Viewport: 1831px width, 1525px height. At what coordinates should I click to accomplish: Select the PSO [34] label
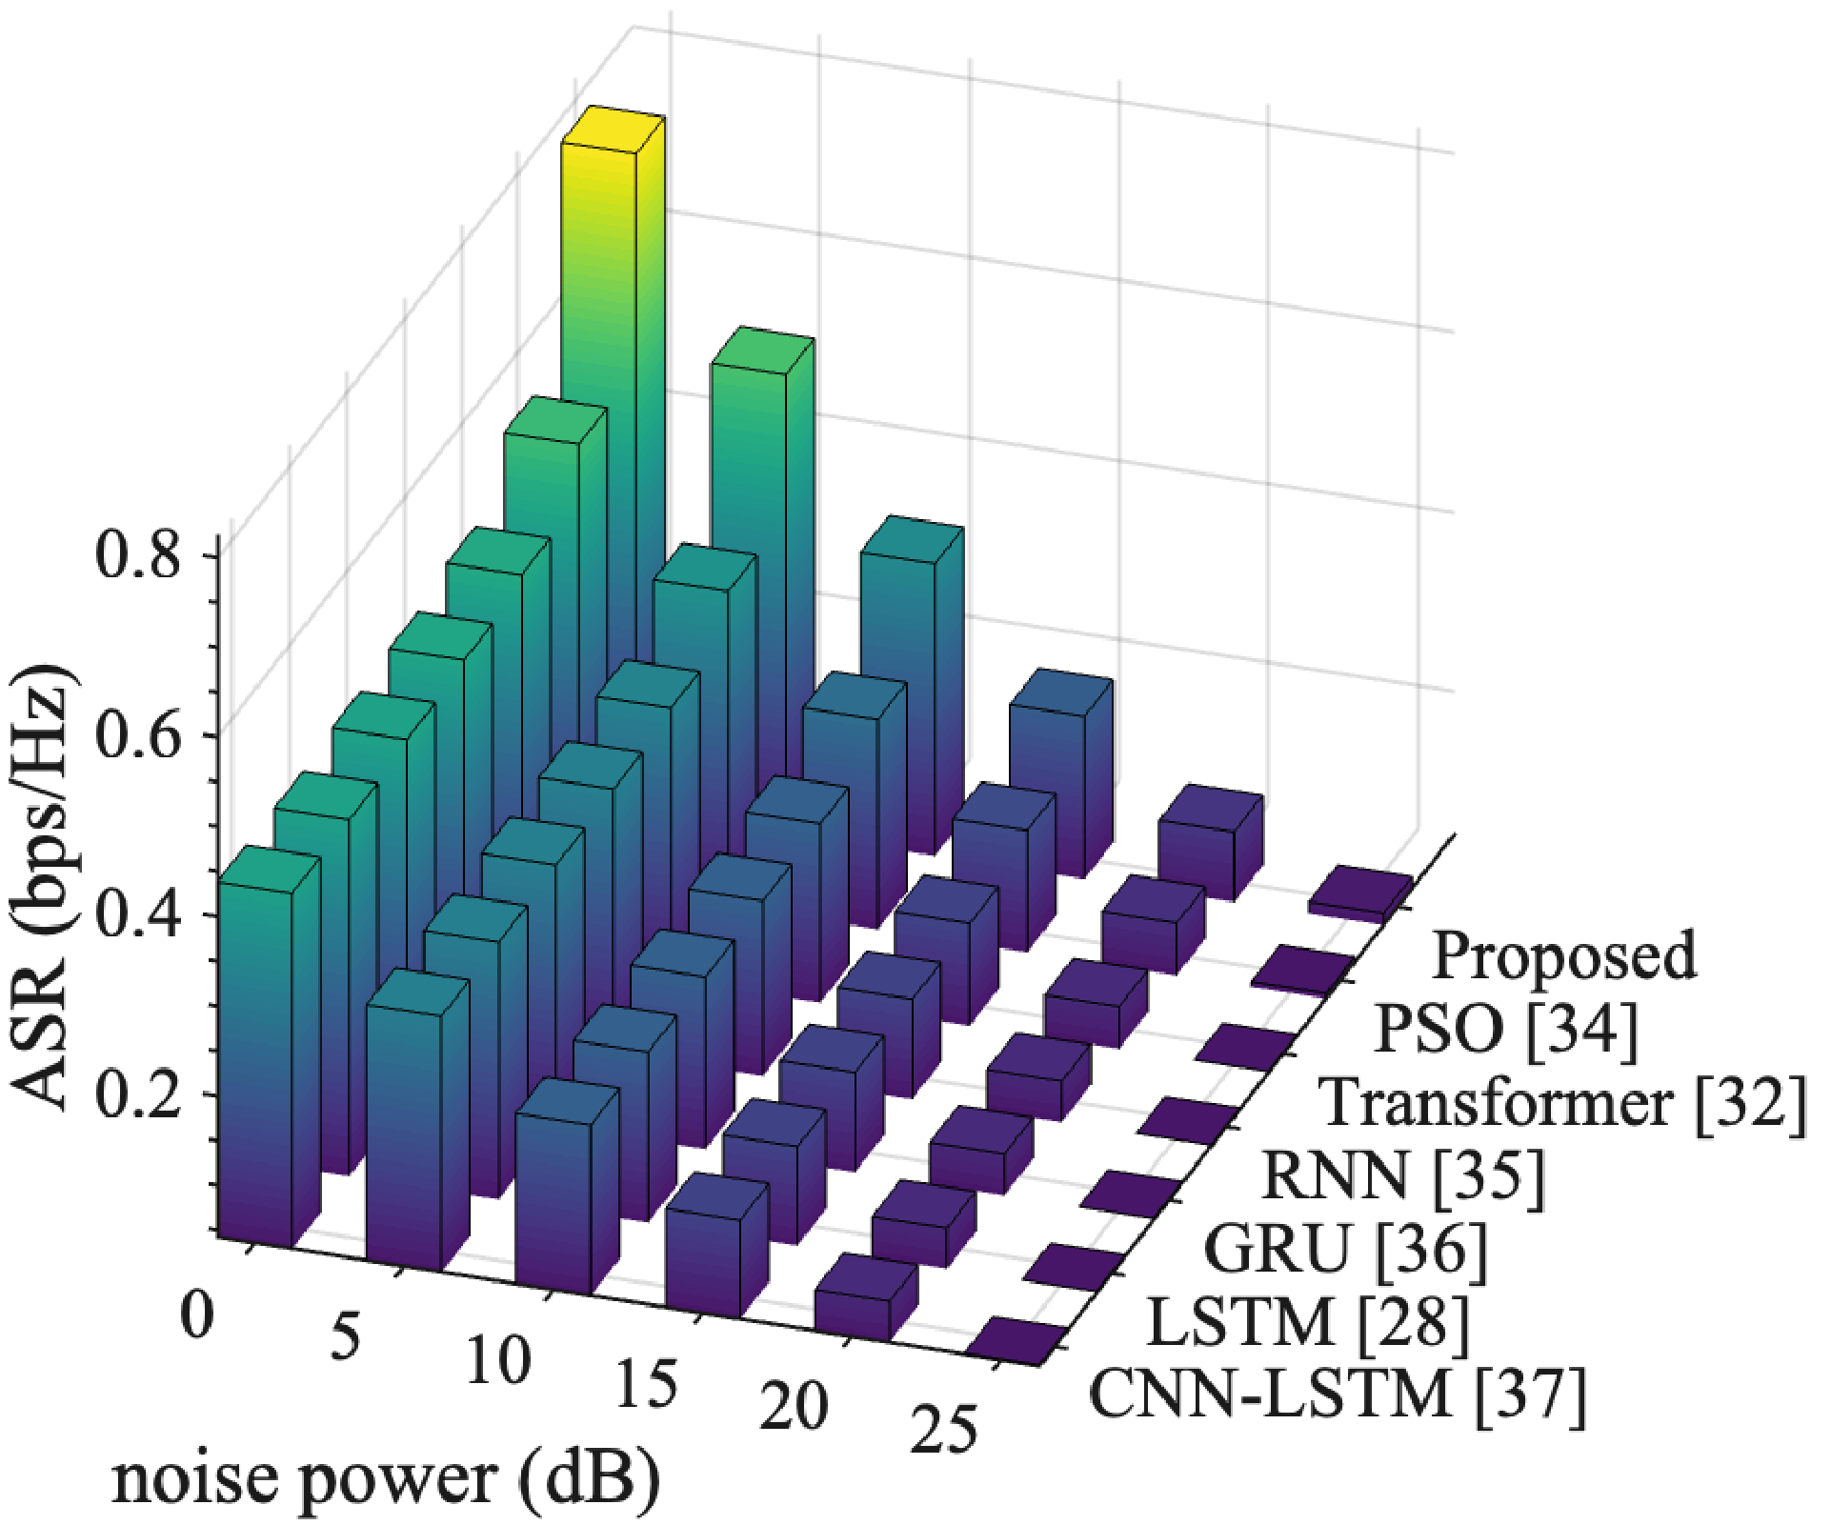click(x=1506, y=1029)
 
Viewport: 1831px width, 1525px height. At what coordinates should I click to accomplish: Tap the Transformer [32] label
click(x=1562, y=1102)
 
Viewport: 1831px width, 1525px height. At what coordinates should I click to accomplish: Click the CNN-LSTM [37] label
click(x=1338, y=1395)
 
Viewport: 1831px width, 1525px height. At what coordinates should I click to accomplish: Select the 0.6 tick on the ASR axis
click(x=138, y=735)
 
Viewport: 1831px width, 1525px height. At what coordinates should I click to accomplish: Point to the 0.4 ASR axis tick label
click(x=138, y=914)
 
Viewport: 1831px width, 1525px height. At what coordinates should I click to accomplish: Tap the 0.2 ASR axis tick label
click(x=138, y=1094)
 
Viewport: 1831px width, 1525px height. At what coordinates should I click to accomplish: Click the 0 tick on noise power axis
click(x=198, y=1315)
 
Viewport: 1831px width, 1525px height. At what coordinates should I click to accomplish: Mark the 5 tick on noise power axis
click(x=345, y=1336)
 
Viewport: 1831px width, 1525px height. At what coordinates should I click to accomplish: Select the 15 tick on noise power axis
click(x=646, y=1383)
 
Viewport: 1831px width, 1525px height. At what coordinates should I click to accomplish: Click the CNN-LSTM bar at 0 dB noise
click(x=255, y=1048)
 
